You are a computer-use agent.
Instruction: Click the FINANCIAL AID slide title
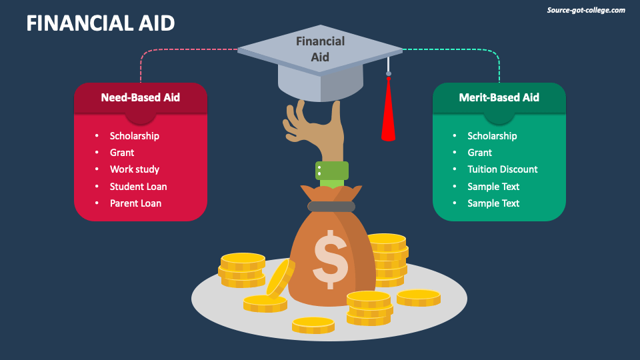(101, 23)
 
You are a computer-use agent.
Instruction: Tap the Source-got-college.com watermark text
(586, 10)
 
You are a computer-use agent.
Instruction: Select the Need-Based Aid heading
(140, 97)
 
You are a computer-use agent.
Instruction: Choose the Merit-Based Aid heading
(499, 97)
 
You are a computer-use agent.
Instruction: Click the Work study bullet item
(135, 169)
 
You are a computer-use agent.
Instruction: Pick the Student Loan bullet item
(138, 187)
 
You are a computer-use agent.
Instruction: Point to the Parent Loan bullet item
(135, 203)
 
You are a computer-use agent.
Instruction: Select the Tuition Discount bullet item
(502, 169)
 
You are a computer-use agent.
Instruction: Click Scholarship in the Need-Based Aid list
(135, 136)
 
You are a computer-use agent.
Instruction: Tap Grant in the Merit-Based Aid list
(479, 153)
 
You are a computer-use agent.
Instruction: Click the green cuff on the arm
(332, 171)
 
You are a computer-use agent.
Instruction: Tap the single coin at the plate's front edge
(313, 325)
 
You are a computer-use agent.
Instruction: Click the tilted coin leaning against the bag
(280, 277)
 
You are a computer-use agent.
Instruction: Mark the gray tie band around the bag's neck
(331, 207)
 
